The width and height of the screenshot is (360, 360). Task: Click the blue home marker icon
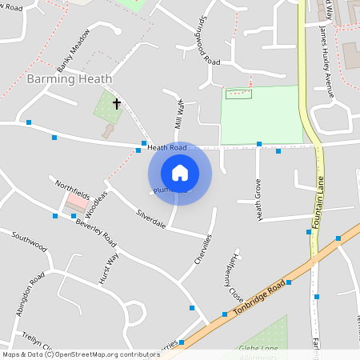click(x=180, y=173)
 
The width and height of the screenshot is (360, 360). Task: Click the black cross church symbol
click(x=117, y=103)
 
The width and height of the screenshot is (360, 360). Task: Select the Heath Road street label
click(x=166, y=148)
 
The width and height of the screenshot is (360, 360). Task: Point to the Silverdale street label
click(x=150, y=219)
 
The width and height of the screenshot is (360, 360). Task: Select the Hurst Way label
click(x=109, y=268)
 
